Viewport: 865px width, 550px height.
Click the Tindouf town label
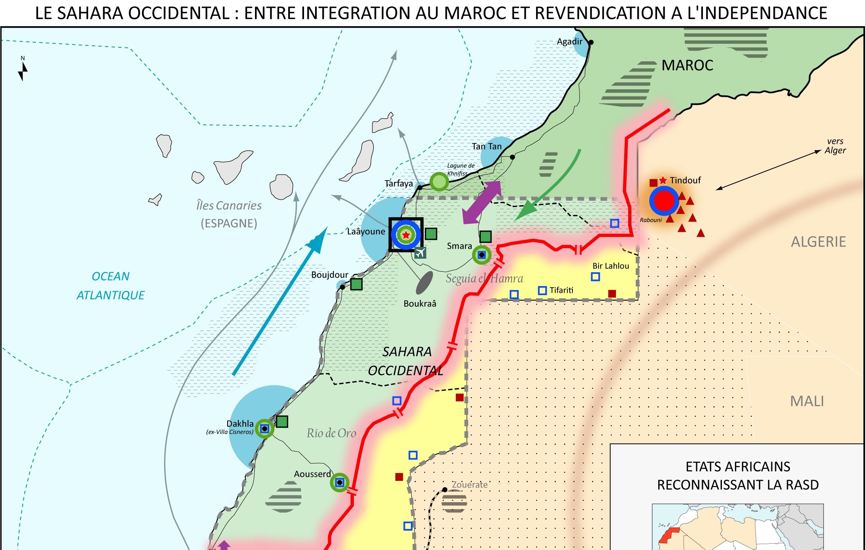tap(685, 181)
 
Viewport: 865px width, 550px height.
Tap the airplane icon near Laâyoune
tap(420, 252)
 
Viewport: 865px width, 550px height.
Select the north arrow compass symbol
tap(23, 69)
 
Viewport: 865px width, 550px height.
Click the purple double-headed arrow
tap(482, 202)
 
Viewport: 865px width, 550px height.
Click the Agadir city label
tap(569, 41)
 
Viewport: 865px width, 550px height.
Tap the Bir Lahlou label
tap(610, 266)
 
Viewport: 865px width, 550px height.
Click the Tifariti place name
tap(561, 290)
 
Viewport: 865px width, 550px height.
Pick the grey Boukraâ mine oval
tap(424, 282)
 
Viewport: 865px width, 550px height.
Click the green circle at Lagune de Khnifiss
tap(439, 182)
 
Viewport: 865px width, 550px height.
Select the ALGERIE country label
tap(818, 241)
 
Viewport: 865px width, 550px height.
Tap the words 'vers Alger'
tap(835, 146)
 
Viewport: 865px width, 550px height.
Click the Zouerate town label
tap(469, 484)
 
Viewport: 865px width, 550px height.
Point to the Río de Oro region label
tap(331, 433)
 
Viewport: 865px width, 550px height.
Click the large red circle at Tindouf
tap(664, 201)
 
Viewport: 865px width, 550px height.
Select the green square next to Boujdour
tap(356, 284)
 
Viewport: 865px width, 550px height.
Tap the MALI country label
tap(807, 401)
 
